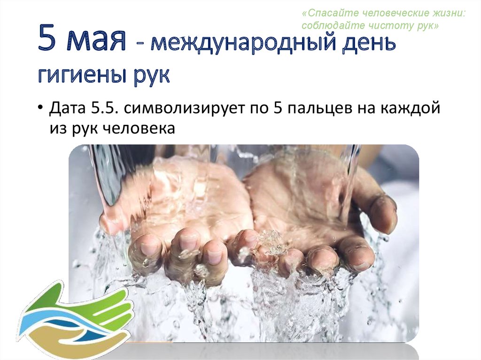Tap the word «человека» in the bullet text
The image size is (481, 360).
(x=139, y=128)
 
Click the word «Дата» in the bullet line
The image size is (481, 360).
(x=67, y=108)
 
